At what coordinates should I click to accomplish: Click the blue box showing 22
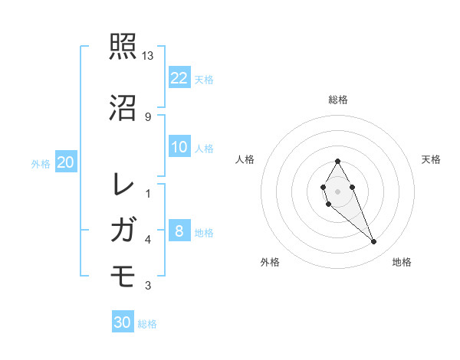179,77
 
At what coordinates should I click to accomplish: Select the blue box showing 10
179,147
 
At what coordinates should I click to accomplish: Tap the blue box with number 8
179,231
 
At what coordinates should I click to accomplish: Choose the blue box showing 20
66,162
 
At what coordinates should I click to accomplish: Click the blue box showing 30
123,322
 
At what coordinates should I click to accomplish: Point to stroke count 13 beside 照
148,56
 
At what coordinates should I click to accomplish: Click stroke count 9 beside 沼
148,116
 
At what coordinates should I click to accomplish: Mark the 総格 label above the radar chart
338,100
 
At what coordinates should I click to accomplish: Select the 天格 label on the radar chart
431,159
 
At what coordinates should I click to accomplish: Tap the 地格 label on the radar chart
402,262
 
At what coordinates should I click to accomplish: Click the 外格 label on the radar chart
270,262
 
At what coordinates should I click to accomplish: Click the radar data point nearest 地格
373,242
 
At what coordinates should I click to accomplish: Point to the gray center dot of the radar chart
337,190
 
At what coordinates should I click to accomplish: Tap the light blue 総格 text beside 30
148,324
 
